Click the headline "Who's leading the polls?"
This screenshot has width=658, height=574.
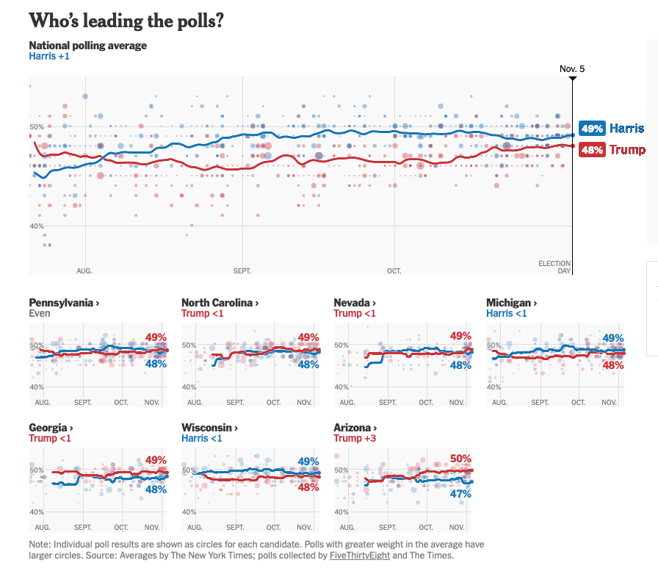[x=126, y=21]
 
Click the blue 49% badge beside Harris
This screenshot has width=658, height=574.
[x=592, y=129]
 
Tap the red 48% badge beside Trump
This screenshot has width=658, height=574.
[x=592, y=150]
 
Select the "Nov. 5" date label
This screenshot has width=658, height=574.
[x=572, y=69]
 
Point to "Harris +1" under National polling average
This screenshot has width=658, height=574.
[x=49, y=56]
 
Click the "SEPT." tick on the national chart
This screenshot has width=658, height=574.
[x=242, y=270]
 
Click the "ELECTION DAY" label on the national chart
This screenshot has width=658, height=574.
[x=554, y=267]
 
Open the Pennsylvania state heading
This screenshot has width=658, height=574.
[x=64, y=303]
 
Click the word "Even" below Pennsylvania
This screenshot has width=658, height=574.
[x=40, y=313]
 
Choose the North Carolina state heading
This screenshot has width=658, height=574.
[x=220, y=303]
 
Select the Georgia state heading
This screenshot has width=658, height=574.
[x=51, y=428]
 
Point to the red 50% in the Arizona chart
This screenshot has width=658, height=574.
[x=460, y=459]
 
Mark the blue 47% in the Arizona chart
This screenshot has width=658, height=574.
[x=460, y=494]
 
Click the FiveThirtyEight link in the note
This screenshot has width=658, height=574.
[x=360, y=556]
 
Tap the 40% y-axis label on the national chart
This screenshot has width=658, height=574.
[x=37, y=226]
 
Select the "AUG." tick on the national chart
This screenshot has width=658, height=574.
[x=84, y=270]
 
